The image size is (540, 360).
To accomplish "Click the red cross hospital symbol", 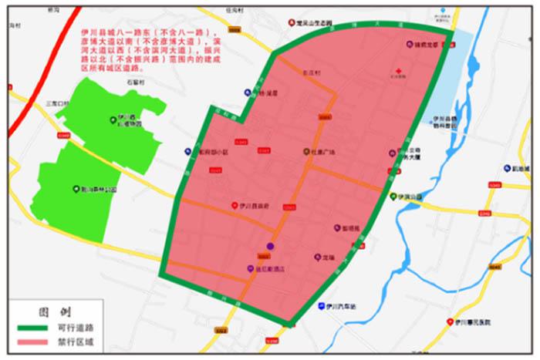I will click(398, 69).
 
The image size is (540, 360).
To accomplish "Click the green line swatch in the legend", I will click(32, 328).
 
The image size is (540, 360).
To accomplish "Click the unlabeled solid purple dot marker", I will click(270, 247).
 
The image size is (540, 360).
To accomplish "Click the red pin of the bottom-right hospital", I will click(450, 322).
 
